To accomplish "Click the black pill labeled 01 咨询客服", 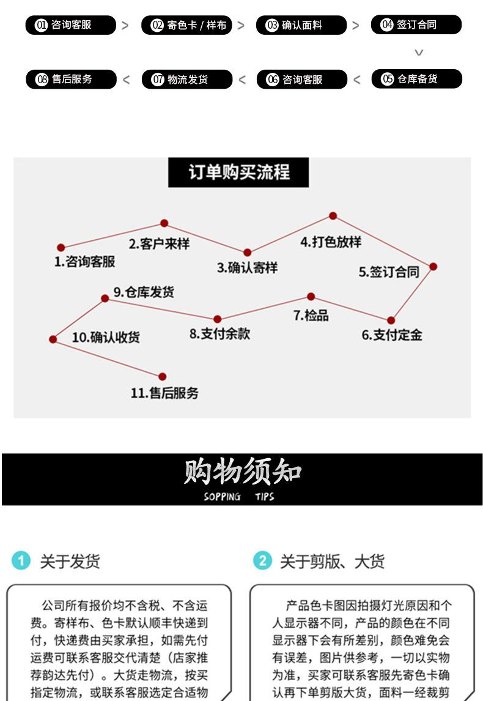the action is (x=70, y=25).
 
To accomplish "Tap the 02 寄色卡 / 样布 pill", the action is (x=186, y=25).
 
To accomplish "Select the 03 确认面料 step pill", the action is (x=301, y=25).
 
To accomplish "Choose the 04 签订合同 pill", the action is (x=416, y=24).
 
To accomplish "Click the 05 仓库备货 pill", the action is (x=416, y=79).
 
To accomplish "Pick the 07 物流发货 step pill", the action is (x=186, y=80).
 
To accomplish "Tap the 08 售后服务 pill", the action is (x=70, y=80).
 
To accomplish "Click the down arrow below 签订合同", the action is (x=419, y=53).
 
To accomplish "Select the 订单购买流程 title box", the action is (x=238, y=172).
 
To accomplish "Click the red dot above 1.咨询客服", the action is (x=61, y=248).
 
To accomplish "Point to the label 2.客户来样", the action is (x=159, y=243).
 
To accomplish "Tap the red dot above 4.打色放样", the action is (x=333, y=216).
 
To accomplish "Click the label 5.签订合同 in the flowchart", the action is (x=389, y=272).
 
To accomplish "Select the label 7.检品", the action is (x=311, y=316).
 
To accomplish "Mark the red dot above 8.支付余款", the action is (x=217, y=319).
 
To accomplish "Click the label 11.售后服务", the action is (x=164, y=393).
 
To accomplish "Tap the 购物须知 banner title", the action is (x=243, y=472).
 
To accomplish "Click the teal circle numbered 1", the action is (x=21, y=560).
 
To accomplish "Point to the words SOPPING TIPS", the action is (x=239, y=497).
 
